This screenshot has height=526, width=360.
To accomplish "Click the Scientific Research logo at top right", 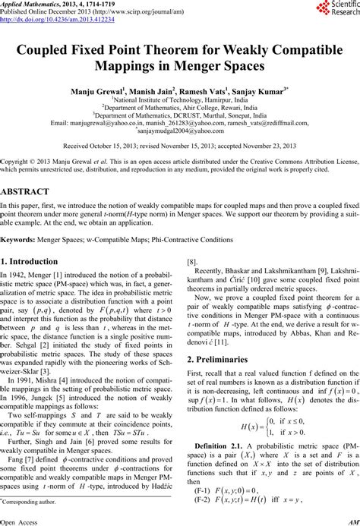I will click(x=335, y=11).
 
